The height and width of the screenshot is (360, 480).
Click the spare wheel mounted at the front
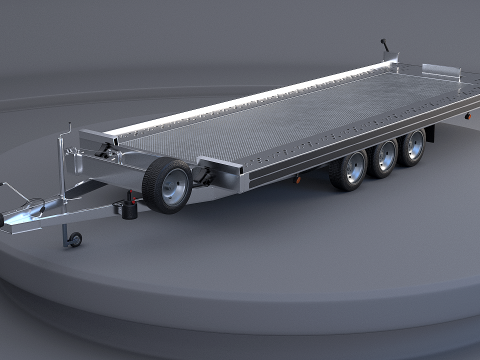[167, 186]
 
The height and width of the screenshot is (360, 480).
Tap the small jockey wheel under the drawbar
[72, 240]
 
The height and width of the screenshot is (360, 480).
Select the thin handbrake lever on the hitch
[9, 188]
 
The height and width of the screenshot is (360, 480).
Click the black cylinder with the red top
[129, 208]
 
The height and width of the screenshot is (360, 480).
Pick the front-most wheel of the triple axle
[349, 169]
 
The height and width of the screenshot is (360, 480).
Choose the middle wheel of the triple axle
[383, 157]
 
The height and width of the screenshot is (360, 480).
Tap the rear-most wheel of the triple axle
[411, 146]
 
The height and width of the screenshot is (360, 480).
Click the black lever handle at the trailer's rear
[382, 46]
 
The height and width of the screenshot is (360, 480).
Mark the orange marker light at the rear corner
[464, 116]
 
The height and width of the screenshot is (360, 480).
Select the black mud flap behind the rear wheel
[430, 134]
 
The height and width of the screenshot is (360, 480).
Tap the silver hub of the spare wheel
[174, 187]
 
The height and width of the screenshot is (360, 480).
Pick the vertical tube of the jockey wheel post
[69, 185]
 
